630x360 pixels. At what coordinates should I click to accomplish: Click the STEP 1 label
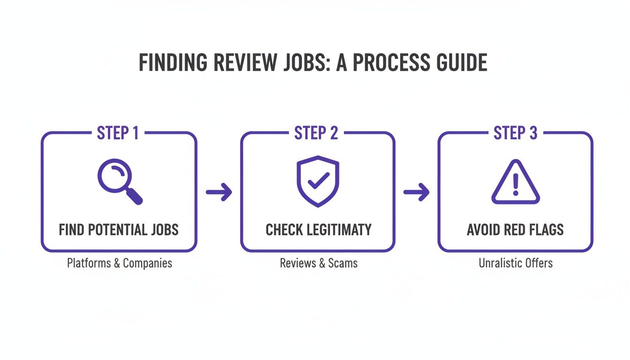coord(118,133)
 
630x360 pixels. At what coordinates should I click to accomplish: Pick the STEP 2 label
coord(316,133)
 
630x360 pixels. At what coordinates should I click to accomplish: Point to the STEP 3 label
coord(515,133)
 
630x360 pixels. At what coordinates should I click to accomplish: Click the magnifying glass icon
coord(119,181)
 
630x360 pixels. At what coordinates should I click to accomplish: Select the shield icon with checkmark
coord(318,181)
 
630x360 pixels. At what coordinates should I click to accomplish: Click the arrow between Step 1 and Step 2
coord(219,192)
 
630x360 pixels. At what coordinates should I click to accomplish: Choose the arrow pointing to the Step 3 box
coord(416,192)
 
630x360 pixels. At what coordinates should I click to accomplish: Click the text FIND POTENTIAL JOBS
coord(119,230)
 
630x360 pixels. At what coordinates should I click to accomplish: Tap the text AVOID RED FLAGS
coord(515,230)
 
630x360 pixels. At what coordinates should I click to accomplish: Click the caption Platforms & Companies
coord(120,263)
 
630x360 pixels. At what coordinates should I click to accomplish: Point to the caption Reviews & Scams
coord(319,263)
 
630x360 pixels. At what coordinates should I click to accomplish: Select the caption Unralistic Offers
coord(516,263)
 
